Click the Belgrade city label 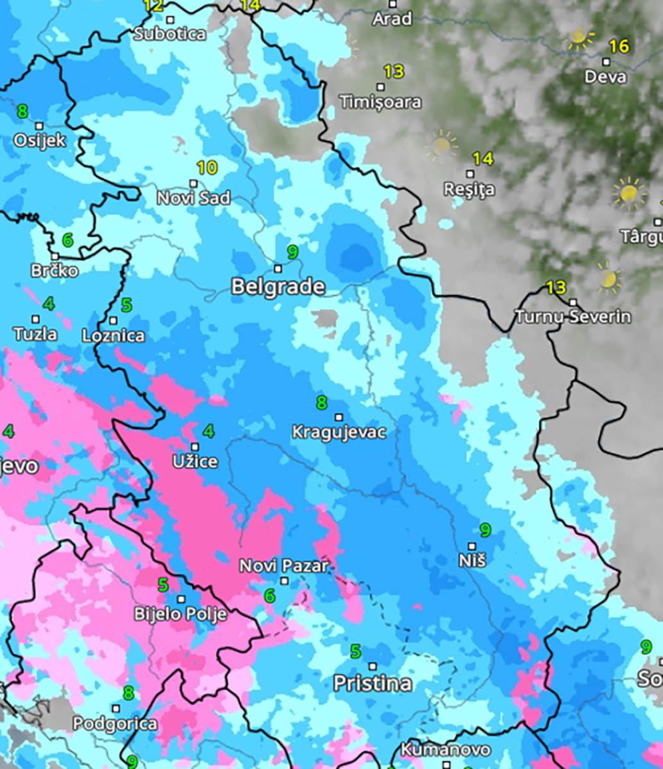[278, 286]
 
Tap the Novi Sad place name [193, 198]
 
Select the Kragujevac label [339, 432]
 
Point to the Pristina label [372, 683]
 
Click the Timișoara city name [381, 102]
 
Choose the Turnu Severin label [573, 317]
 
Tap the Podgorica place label [115, 724]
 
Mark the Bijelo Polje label [180, 614]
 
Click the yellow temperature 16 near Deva [619, 46]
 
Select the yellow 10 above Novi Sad [206, 169]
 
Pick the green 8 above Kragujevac [321, 402]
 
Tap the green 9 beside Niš [485, 530]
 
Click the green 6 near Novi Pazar [269, 596]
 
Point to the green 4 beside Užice [208, 431]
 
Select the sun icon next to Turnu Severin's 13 [608, 279]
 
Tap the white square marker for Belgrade [278, 269]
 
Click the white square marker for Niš [472, 547]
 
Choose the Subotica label [169, 34]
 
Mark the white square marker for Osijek [39, 126]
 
